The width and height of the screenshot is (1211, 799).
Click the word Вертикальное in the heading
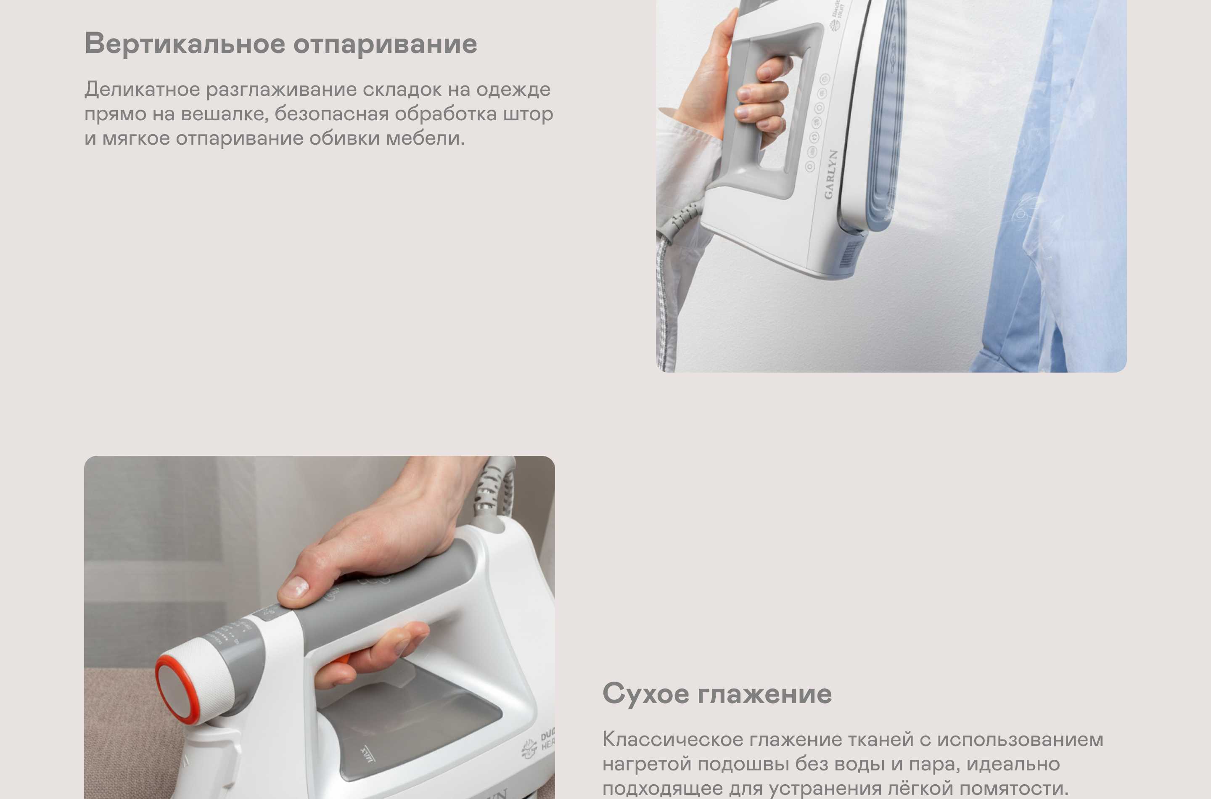point(185,44)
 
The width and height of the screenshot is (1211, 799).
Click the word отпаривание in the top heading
point(385,44)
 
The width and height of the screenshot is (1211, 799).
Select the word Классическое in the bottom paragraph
point(672,740)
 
